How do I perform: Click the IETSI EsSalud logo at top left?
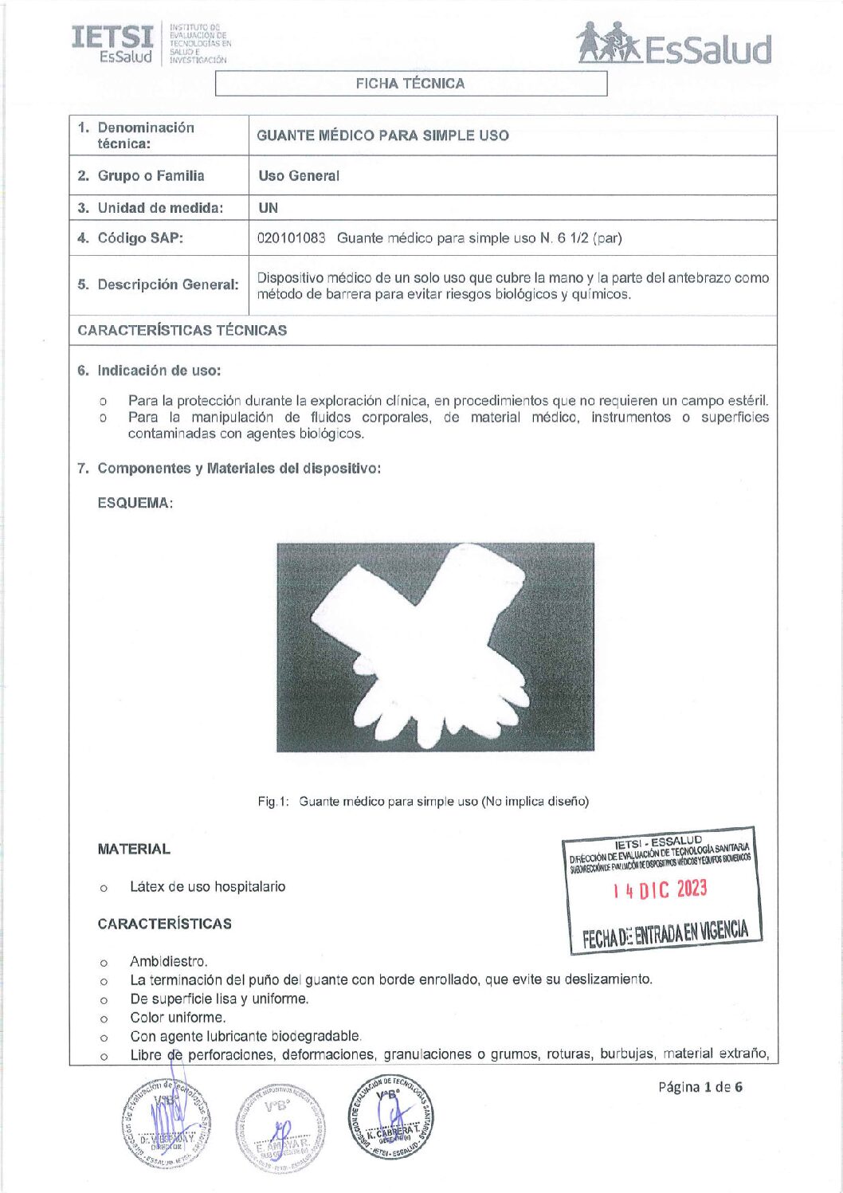(x=150, y=44)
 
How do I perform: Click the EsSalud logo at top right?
(x=674, y=45)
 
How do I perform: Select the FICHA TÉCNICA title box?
(x=410, y=84)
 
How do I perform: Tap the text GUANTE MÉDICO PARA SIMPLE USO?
(x=382, y=135)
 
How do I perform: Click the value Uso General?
(x=299, y=176)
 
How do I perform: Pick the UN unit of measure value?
(x=269, y=208)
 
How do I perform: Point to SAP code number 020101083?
(x=292, y=238)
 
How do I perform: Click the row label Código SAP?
(x=139, y=238)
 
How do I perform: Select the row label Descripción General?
(x=167, y=285)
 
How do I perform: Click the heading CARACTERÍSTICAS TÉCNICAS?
(x=182, y=330)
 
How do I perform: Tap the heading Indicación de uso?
(x=159, y=371)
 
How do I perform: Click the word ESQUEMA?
(x=135, y=503)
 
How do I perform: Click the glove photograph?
(x=435, y=646)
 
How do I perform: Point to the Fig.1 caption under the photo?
(x=423, y=801)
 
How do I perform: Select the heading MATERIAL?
(x=134, y=850)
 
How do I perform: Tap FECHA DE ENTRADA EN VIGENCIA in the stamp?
(x=665, y=933)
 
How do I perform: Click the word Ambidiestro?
(x=168, y=961)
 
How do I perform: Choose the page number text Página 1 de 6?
(x=700, y=1087)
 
